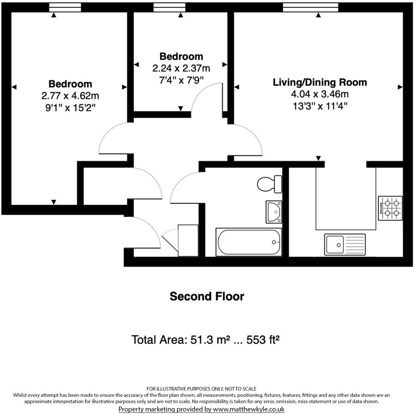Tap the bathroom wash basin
coord(274,212)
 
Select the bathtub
coord(249,242)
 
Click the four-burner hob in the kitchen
coord(390,208)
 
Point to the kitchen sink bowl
coord(335,245)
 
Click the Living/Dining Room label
coord(320,82)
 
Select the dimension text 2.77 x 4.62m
coord(70,96)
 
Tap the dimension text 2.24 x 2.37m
coord(181,69)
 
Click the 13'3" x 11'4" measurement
coord(320,106)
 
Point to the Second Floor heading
coord(207,296)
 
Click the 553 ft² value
coord(263,340)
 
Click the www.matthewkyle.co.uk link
coord(249,409)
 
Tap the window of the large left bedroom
coord(65,7)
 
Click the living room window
coord(310,7)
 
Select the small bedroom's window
coord(169,7)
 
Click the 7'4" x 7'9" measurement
coord(181,81)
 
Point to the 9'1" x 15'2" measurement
coord(70,108)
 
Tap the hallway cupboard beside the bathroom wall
coord(188,241)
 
